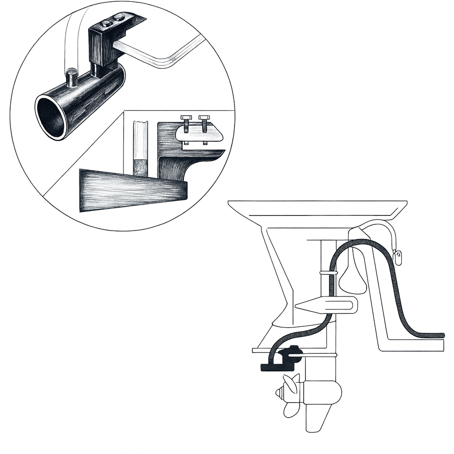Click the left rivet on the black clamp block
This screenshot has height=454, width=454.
click(x=106, y=23)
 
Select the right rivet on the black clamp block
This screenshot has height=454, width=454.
click(x=118, y=18)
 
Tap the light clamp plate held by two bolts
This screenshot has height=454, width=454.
click(x=200, y=133)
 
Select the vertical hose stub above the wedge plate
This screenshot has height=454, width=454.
click(x=141, y=149)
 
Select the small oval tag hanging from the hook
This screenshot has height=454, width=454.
click(x=398, y=257)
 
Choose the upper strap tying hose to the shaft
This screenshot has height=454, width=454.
click(x=328, y=272)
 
